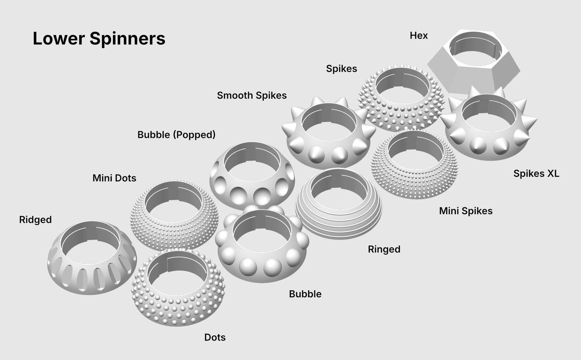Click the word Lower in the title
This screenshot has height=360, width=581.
point(59,38)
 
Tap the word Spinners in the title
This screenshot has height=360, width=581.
point(127,39)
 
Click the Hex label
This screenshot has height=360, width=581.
point(419,35)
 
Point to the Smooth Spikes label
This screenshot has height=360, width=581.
point(252,95)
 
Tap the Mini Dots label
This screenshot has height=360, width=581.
point(114,178)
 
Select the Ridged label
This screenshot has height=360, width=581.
point(35,220)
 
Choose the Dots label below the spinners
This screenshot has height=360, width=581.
point(215,337)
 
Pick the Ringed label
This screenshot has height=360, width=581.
point(384,250)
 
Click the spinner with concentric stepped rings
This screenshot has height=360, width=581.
point(339,223)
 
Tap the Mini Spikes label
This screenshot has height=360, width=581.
point(466,211)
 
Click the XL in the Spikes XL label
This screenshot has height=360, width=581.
point(553,174)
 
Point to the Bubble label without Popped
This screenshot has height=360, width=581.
point(305,294)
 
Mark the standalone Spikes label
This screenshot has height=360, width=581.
point(342,69)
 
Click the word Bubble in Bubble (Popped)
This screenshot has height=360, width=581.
point(154,135)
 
